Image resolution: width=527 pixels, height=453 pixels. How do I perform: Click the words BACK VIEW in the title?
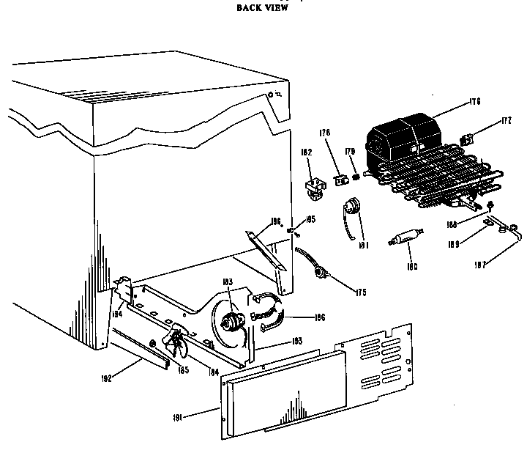point(263,8)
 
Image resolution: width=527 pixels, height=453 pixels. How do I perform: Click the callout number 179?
point(350,153)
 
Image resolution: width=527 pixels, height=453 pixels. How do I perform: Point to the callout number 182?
point(307,152)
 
